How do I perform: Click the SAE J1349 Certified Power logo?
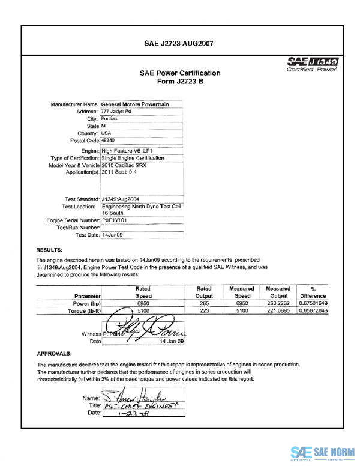[x=313, y=64]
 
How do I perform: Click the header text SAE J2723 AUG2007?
[x=179, y=43]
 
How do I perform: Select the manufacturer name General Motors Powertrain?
[x=135, y=104]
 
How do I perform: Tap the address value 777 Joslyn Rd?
[x=116, y=112]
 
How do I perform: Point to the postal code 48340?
[x=109, y=140]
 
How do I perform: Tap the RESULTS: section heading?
[x=50, y=249]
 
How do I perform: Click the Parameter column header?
[x=88, y=296]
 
